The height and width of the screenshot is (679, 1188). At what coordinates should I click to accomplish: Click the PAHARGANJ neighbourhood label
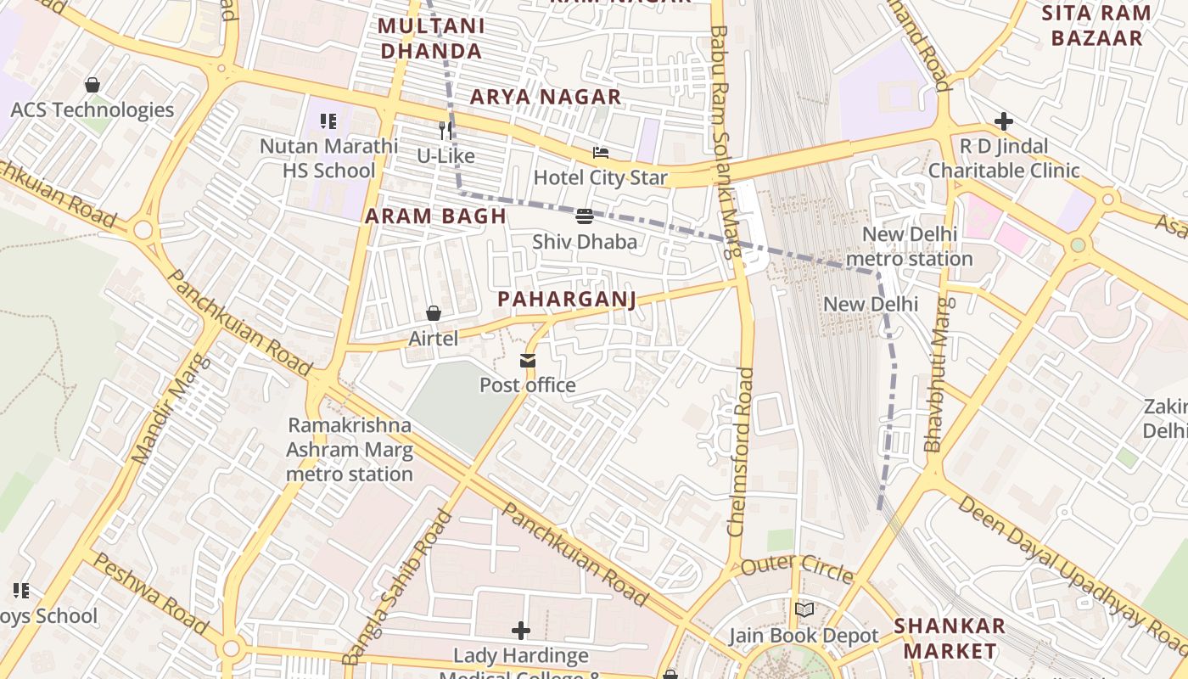[566, 300]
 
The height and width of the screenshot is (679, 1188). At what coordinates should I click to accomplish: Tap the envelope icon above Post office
[528, 362]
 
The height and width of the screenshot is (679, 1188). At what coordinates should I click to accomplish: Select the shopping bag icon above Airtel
[434, 314]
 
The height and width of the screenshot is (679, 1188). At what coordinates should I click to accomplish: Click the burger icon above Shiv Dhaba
[584, 216]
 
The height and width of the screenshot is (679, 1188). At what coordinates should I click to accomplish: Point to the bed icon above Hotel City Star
[601, 154]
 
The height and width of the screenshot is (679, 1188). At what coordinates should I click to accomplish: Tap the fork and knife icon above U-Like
[445, 131]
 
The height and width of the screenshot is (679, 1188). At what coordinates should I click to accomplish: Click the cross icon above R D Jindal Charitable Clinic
[1004, 121]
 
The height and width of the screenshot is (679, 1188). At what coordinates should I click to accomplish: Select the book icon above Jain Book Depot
[804, 610]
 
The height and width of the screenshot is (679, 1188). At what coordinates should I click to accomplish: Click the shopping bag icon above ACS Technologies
[92, 85]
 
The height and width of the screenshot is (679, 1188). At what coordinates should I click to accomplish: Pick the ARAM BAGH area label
[435, 216]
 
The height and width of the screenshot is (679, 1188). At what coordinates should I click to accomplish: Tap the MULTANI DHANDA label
[431, 38]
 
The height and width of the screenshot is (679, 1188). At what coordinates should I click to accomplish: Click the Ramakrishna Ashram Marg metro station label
[349, 450]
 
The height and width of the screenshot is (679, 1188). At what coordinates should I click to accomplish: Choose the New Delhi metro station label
[910, 246]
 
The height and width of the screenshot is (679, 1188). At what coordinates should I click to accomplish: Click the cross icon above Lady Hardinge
[521, 631]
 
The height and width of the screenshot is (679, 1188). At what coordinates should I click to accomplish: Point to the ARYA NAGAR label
[546, 97]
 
